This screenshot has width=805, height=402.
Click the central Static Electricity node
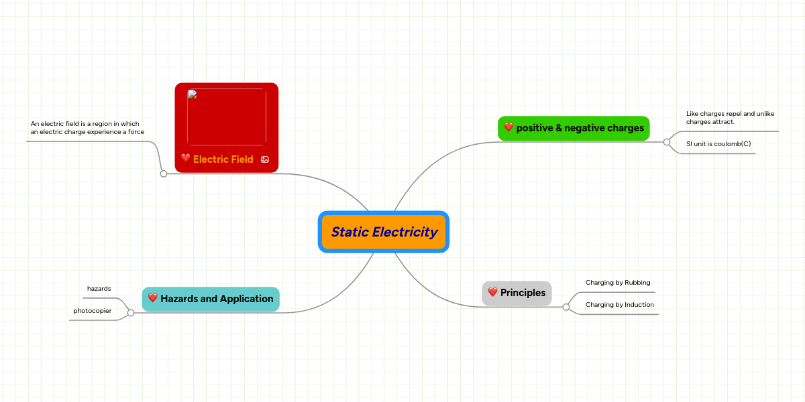click(384, 232)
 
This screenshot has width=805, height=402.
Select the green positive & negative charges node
click(574, 128)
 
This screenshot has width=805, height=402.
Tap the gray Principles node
click(517, 293)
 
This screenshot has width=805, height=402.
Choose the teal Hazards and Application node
click(211, 299)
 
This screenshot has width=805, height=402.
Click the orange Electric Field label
click(223, 159)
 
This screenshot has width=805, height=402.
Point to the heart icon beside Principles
click(492, 292)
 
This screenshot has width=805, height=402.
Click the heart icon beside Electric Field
click(186, 159)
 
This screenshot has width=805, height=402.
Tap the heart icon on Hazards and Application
click(152, 298)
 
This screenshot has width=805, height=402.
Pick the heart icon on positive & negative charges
click(508, 127)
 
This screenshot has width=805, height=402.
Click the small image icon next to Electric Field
click(264, 159)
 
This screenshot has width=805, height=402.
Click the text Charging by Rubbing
click(618, 283)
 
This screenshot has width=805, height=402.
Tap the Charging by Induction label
click(620, 305)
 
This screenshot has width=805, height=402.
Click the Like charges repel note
click(730, 118)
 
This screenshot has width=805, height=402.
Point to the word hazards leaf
click(99, 289)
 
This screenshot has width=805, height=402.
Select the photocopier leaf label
click(93, 311)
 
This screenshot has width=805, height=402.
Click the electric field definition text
click(87, 128)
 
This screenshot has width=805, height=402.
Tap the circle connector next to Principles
click(566, 307)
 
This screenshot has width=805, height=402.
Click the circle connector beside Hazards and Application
click(131, 313)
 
